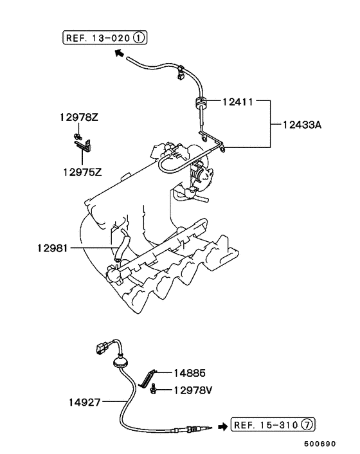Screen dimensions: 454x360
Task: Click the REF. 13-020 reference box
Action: [105, 38]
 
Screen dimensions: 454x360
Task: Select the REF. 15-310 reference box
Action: [273, 424]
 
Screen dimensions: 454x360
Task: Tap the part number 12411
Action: [237, 101]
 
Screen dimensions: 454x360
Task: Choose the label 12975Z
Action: [82, 172]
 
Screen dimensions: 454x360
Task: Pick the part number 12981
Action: [53, 247]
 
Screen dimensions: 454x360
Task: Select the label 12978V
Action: [190, 389]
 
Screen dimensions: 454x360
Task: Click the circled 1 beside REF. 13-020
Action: [140, 38]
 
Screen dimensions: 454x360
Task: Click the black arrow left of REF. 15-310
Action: [222, 425]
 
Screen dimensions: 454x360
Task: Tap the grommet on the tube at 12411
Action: [199, 102]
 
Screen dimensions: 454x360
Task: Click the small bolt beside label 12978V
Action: [154, 389]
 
